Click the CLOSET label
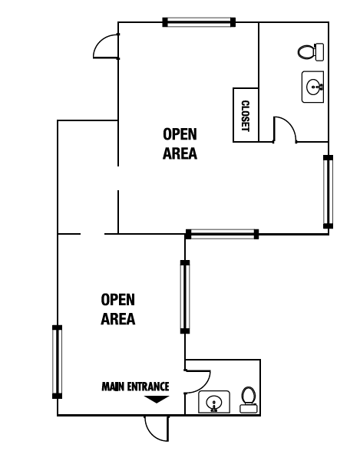pyautogui.click(x=246, y=116)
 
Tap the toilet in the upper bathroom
pyautogui.click(x=309, y=52)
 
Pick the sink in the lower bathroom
pyautogui.click(x=213, y=401)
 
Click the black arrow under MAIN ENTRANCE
pyautogui.click(x=157, y=399)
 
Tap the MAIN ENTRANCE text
pyautogui.click(x=135, y=387)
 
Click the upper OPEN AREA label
pyautogui.click(x=180, y=143)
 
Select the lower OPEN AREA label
pyautogui.click(x=118, y=309)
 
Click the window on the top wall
pyautogui.click(x=199, y=21)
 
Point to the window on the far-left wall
pyautogui.click(x=56, y=361)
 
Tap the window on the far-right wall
pyautogui.click(x=329, y=192)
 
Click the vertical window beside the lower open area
pyautogui.click(x=184, y=296)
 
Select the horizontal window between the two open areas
pyautogui.click(x=222, y=232)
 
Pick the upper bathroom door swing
pyautogui.click(x=284, y=129)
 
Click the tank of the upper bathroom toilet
pyautogui.click(x=319, y=52)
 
